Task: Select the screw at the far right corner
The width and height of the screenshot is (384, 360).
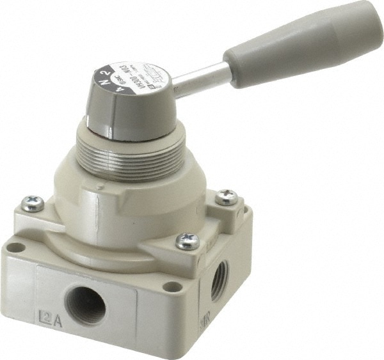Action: pyautogui.click(x=226, y=197)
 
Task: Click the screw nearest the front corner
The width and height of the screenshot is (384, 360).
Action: pyautogui.click(x=187, y=241)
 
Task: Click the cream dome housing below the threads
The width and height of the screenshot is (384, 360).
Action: pyautogui.click(x=128, y=211)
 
